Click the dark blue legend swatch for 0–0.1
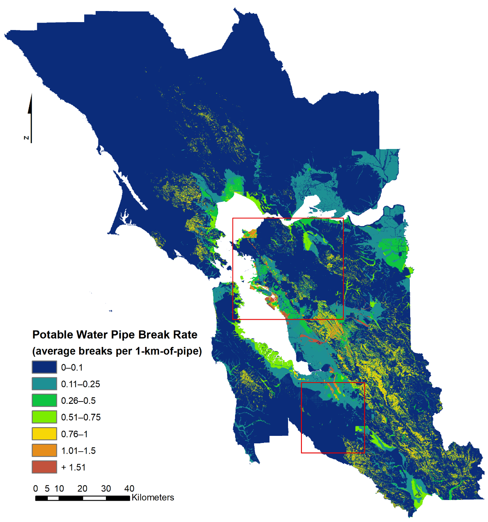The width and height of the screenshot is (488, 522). [x=44, y=367]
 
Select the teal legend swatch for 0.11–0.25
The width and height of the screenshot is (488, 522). [x=44, y=384]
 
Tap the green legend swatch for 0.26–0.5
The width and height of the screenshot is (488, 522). [x=44, y=400]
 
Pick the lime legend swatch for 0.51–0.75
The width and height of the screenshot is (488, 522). [x=44, y=417]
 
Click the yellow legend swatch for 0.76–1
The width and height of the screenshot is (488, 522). [x=44, y=434]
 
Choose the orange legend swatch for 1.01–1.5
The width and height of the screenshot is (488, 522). [x=44, y=450]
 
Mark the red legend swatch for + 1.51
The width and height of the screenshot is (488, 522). [x=44, y=467]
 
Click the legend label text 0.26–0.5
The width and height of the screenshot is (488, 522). [x=78, y=401]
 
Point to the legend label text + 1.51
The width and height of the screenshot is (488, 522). [x=73, y=467]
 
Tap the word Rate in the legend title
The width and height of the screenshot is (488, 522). [x=185, y=335]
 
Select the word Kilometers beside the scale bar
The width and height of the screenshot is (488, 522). [x=153, y=498]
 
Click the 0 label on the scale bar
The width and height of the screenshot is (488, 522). [x=36, y=488]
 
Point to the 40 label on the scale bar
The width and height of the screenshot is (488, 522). [x=129, y=488]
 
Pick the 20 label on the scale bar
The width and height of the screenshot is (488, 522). [x=82, y=488]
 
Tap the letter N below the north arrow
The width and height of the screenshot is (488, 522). [x=26, y=138]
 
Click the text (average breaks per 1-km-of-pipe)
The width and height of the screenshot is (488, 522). [x=117, y=351]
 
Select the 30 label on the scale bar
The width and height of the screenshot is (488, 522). [x=106, y=488]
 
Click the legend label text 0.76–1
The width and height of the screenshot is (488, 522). [x=74, y=434]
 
